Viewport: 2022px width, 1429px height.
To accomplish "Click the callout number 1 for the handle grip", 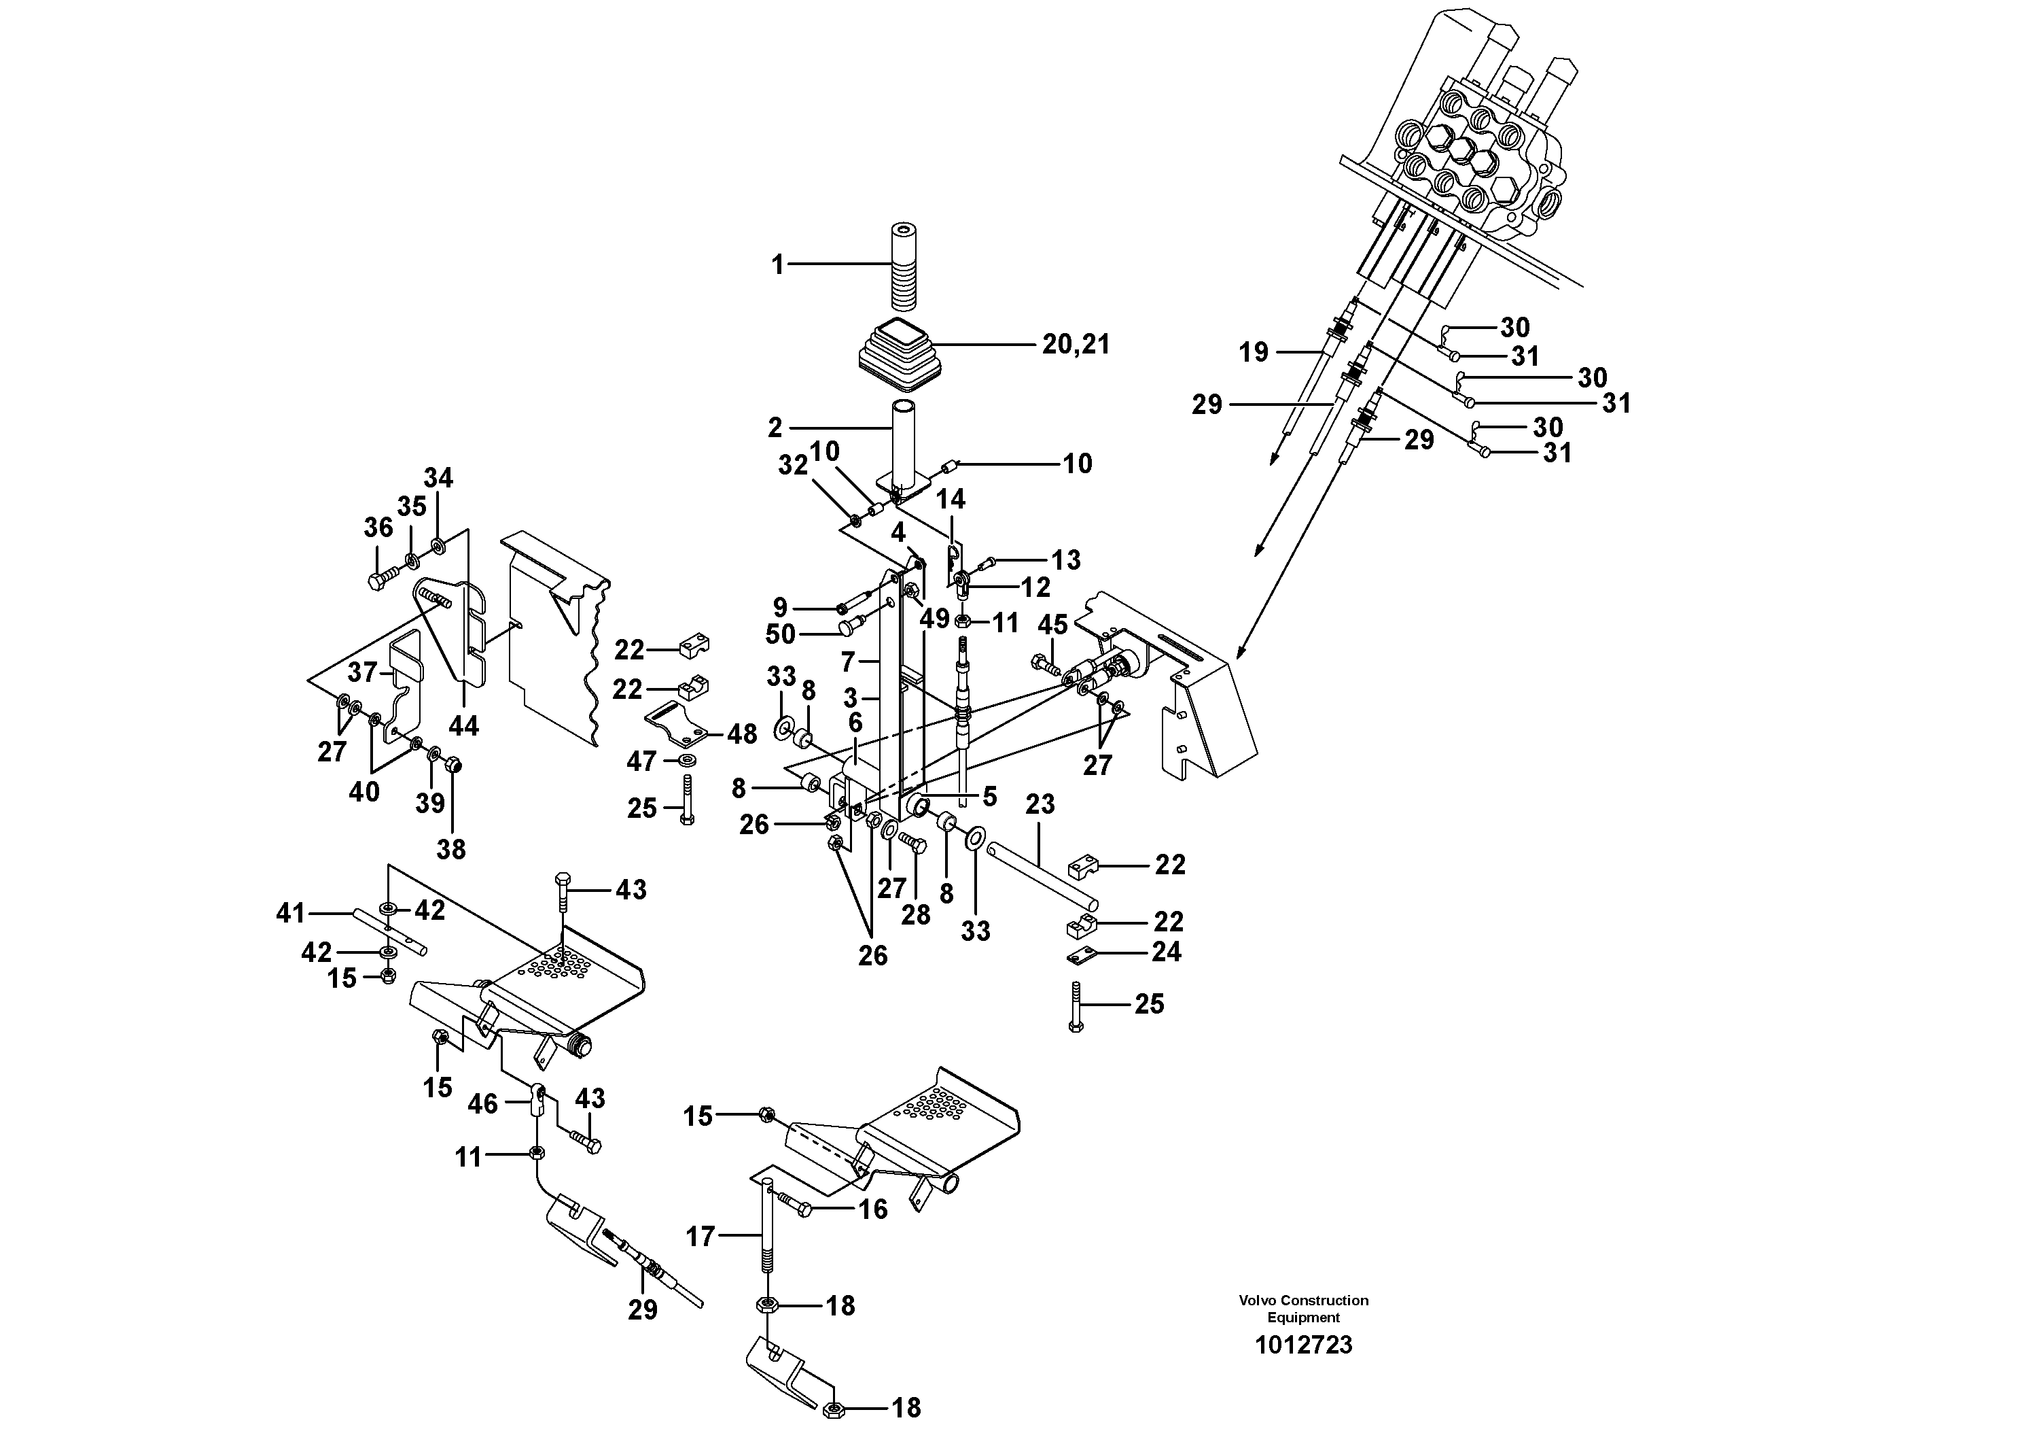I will coord(777,264).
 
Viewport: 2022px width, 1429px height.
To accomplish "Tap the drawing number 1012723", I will coord(1302,1345).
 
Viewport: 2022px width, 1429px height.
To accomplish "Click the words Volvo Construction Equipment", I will coord(1303,1308).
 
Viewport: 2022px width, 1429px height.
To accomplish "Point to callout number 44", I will coord(463,726).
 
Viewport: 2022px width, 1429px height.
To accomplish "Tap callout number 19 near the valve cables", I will coord(1253,352).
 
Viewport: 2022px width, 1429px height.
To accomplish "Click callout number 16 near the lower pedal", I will coord(873,1209).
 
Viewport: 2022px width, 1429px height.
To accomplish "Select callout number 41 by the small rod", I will coord(291,914).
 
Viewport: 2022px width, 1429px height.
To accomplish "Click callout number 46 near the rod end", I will coord(482,1103).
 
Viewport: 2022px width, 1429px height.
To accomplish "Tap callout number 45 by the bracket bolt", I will coord(1052,625).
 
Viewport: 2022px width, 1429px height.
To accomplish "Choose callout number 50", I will coord(780,634).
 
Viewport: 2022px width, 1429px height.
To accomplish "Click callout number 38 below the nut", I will coord(451,849).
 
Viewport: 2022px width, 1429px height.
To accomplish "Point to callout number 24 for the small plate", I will coord(1167,952).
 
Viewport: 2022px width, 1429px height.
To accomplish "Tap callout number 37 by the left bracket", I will coord(362,673).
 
